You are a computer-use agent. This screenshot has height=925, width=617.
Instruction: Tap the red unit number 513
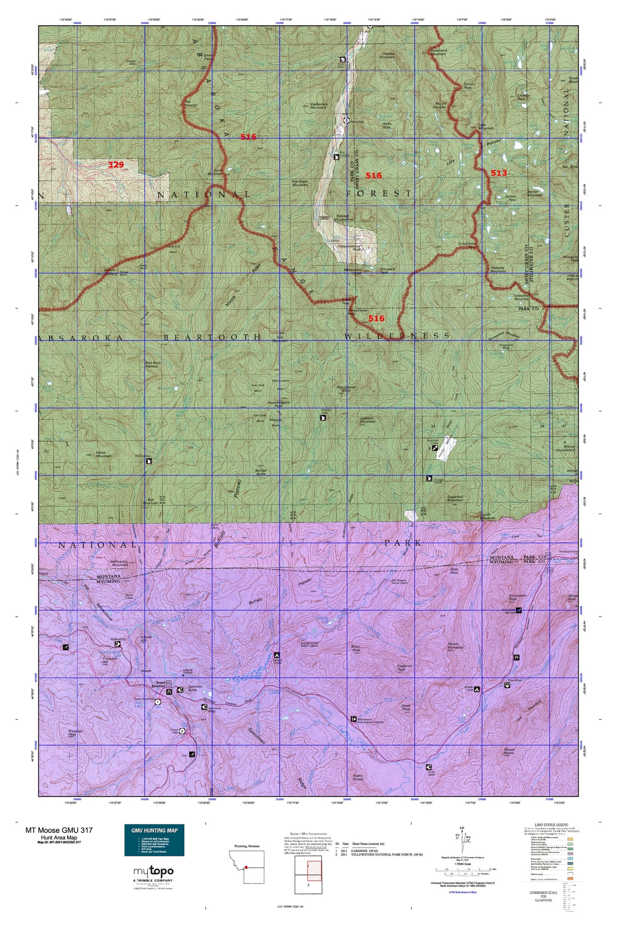(x=498, y=173)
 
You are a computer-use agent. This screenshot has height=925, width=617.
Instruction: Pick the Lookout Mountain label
(x=368, y=419)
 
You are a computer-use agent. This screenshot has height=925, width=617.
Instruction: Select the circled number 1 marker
(x=158, y=701)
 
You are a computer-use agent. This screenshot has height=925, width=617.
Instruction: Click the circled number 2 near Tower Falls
(x=182, y=731)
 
